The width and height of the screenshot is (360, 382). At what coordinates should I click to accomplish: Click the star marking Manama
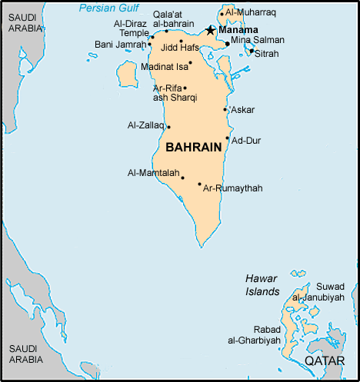point(210,30)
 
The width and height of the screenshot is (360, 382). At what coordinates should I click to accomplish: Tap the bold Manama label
point(238,30)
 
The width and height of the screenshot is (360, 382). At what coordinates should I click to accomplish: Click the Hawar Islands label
point(262,285)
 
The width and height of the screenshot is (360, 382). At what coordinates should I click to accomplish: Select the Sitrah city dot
point(252,51)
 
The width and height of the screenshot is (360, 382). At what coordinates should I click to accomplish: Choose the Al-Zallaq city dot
point(168,127)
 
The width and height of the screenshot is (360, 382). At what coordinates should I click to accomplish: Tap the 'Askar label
point(242,110)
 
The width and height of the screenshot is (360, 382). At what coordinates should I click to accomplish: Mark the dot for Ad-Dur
point(227,138)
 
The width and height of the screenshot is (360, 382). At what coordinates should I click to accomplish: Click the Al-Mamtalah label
point(153,173)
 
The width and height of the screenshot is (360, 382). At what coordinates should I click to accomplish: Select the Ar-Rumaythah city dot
point(199,184)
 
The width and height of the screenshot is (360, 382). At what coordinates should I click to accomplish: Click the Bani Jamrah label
point(120,45)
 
